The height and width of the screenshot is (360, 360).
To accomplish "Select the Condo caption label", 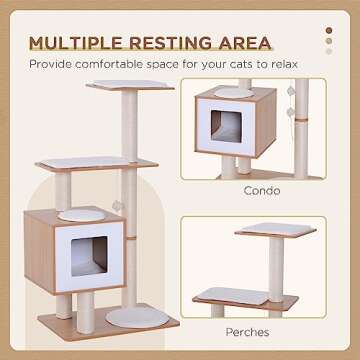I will coord(260,191).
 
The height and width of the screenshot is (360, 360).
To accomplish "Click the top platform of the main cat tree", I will coord(129,87).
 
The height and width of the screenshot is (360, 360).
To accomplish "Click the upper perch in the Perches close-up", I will coord(262,230).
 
